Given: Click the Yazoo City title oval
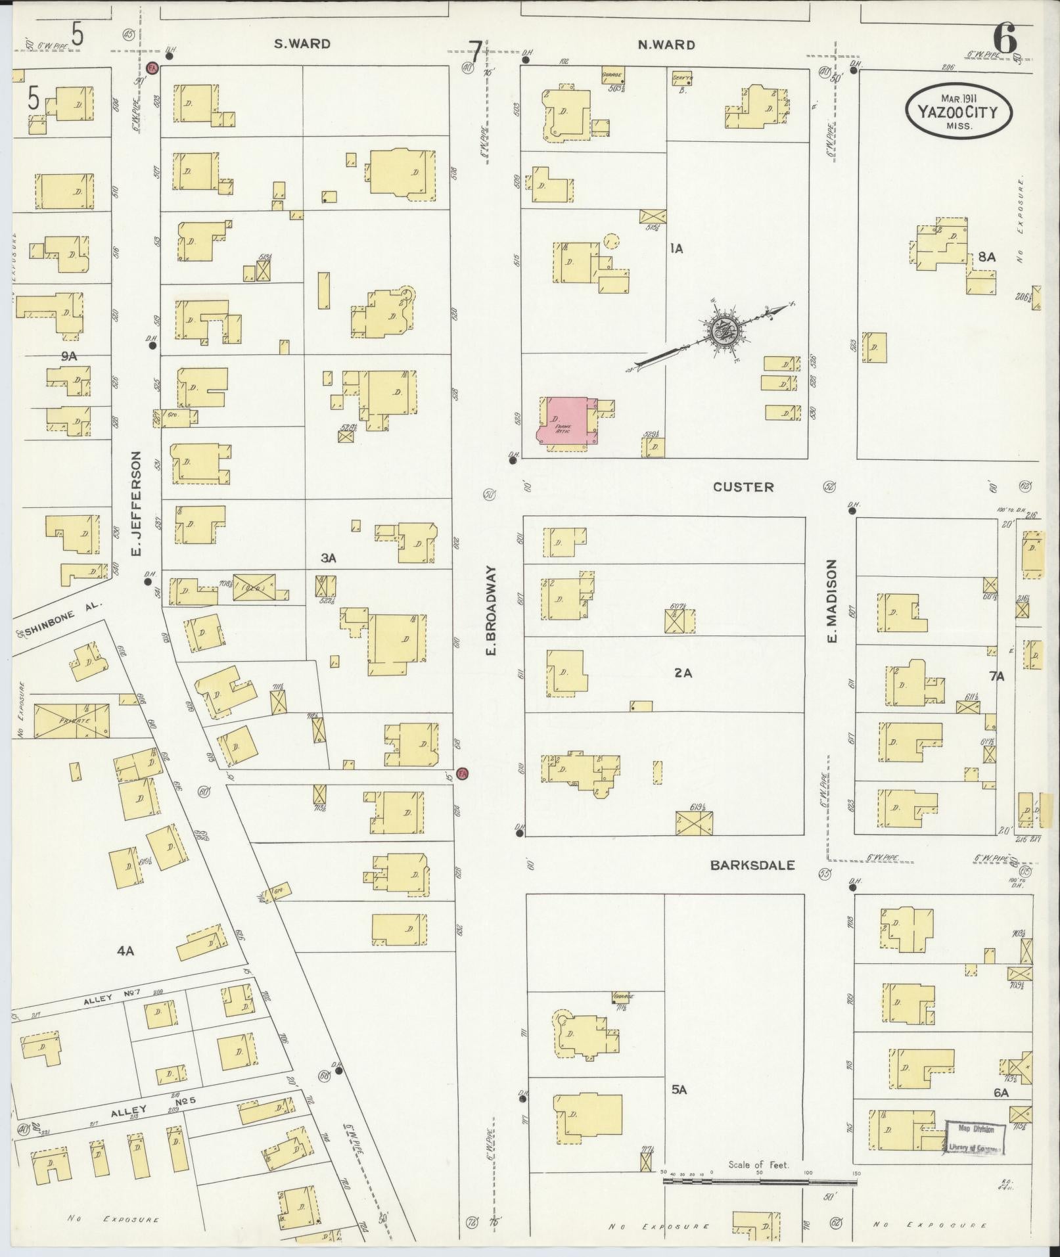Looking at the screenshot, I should click(x=959, y=112).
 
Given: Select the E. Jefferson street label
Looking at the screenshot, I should click(x=137, y=503).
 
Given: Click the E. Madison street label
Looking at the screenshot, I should click(x=832, y=601).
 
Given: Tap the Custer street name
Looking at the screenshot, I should click(x=743, y=487).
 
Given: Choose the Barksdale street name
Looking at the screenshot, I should click(x=752, y=865).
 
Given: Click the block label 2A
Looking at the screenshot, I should click(x=683, y=673).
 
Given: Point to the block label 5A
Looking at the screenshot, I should click(x=679, y=1090).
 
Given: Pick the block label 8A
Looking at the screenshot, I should click(x=986, y=258).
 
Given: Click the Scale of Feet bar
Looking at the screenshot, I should click(x=759, y=1181).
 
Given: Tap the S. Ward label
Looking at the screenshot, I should click(x=302, y=45).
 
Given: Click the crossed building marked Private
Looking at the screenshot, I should click(x=72, y=720).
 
